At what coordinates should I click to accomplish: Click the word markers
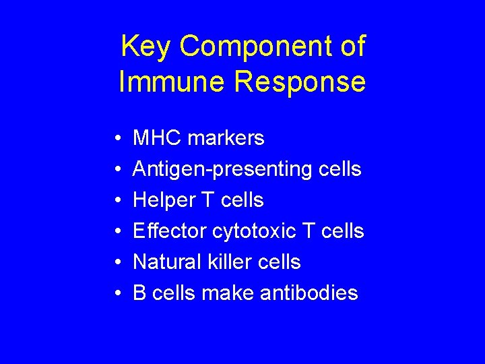[x=226, y=138]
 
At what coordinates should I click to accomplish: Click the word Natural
[x=166, y=262]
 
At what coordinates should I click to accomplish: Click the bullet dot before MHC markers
[x=117, y=139]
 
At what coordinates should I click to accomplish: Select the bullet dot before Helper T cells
[x=117, y=201]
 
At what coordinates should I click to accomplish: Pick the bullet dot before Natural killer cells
[x=117, y=263]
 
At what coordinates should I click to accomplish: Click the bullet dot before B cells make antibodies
[x=117, y=294]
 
